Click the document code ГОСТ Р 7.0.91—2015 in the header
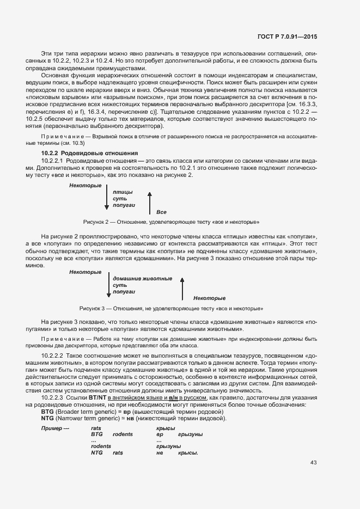[x=286, y=36]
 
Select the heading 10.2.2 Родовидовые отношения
[x=89, y=154]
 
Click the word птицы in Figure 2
[x=122, y=193]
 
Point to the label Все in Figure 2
[x=161, y=212]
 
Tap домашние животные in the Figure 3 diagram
[x=142, y=279]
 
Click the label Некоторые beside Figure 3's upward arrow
[x=209, y=298]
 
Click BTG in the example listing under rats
[x=97, y=435]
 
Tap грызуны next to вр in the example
[x=191, y=435]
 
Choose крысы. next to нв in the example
[x=188, y=453]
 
